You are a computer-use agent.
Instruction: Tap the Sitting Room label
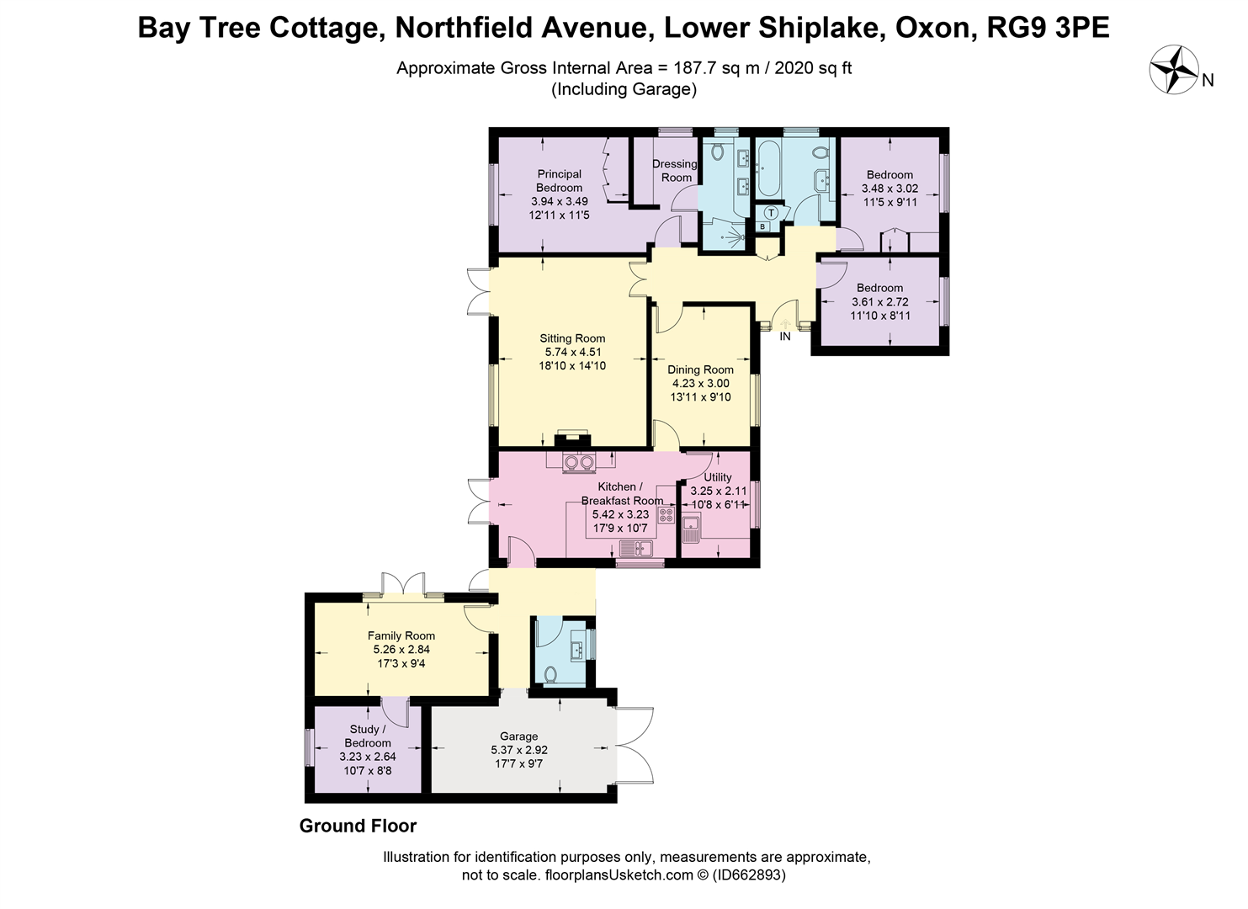pyautogui.click(x=572, y=338)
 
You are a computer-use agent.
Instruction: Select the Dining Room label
pyautogui.click(x=700, y=369)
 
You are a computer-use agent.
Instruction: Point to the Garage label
pyautogui.click(x=518, y=736)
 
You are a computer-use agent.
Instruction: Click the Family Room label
pyautogui.click(x=401, y=635)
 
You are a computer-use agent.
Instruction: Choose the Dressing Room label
pyautogui.click(x=675, y=171)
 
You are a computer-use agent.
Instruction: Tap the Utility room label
pyautogui.click(x=718, y=477)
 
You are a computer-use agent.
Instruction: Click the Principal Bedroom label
pyautogui.click(x=560, y=181)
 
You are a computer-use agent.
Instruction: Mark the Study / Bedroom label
pyautogui.click(x=368, y=736)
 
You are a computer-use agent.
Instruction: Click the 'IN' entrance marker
pyautogui.click(x=785, y=337)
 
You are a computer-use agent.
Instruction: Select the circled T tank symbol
pyautogui.click(x=771, y=214)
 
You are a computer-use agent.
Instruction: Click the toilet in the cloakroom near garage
pyautogui.click(x=550, y=674)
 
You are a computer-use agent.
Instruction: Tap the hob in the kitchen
pyautogui.click(x=666, y=515)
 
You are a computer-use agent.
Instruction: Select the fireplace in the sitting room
pyautogui.click(x=573, y=440)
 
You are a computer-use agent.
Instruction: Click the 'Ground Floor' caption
pyautogui.click(x=358, y=826)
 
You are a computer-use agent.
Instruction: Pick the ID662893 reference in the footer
pyautogui.click(x=749, y=875)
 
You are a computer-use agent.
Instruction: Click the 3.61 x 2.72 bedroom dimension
pyautogui.click(x=879, y=301)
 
